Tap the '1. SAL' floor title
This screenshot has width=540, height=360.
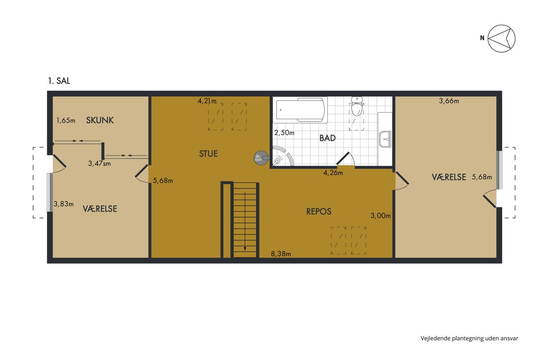click(59, 81)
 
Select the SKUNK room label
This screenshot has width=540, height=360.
click(100, 120)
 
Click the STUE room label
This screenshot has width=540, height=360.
click(208, 153)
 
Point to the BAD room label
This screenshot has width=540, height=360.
click(328, 138)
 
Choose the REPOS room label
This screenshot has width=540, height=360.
click(319, 211)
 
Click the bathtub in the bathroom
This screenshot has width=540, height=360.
click(300, 110)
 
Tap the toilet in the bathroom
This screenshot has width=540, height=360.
click(357, 106)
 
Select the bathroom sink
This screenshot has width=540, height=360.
click(385, 139)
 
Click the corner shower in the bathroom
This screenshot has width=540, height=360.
click(283, 156)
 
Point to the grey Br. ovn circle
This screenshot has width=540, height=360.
click(261, 158)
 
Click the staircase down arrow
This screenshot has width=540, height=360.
click(245, 221)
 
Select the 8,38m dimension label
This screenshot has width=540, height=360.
click(281, 254)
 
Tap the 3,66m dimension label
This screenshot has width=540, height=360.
click(449, 101)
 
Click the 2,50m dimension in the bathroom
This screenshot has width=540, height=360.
click(284, 133)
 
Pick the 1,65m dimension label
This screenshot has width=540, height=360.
click(66, 120)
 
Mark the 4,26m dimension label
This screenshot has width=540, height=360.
click(333, 173)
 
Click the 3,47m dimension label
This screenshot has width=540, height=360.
click(99, 163)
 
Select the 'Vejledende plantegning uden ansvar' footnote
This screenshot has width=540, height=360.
click(469, 338)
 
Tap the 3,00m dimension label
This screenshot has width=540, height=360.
click(380, 216)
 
